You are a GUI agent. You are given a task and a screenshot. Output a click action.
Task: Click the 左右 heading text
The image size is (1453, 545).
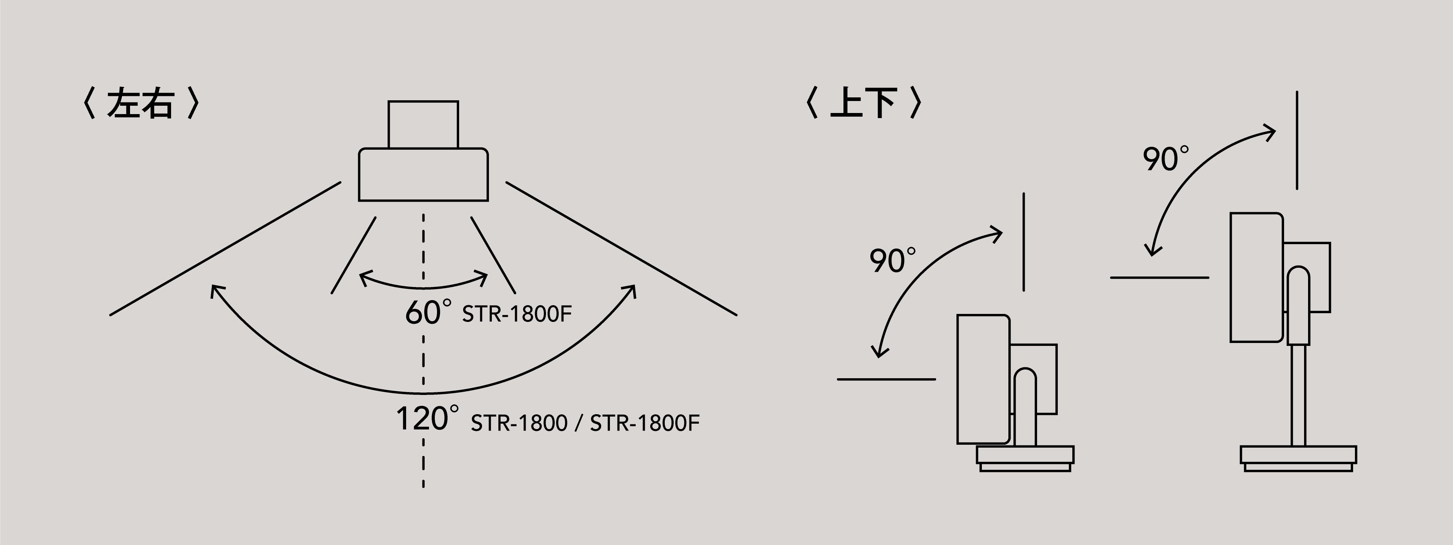(140, 103)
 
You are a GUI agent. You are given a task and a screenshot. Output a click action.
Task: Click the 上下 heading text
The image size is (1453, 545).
(863, 103)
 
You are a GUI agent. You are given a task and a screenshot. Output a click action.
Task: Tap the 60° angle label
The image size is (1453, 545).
(428, 312)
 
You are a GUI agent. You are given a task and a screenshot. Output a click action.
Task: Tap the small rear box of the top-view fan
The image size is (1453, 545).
(423, 125)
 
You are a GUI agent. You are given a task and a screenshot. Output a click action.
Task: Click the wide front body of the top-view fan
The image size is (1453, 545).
(423, 175)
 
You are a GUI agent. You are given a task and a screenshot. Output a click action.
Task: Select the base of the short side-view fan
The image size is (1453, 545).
(1025, 458)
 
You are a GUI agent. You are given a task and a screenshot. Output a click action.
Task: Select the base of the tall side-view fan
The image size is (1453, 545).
(1298, 458)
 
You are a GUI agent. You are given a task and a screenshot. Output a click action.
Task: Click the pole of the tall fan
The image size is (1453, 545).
(1298, 395)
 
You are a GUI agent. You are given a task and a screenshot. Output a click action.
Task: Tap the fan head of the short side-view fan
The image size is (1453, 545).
(983, 379)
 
